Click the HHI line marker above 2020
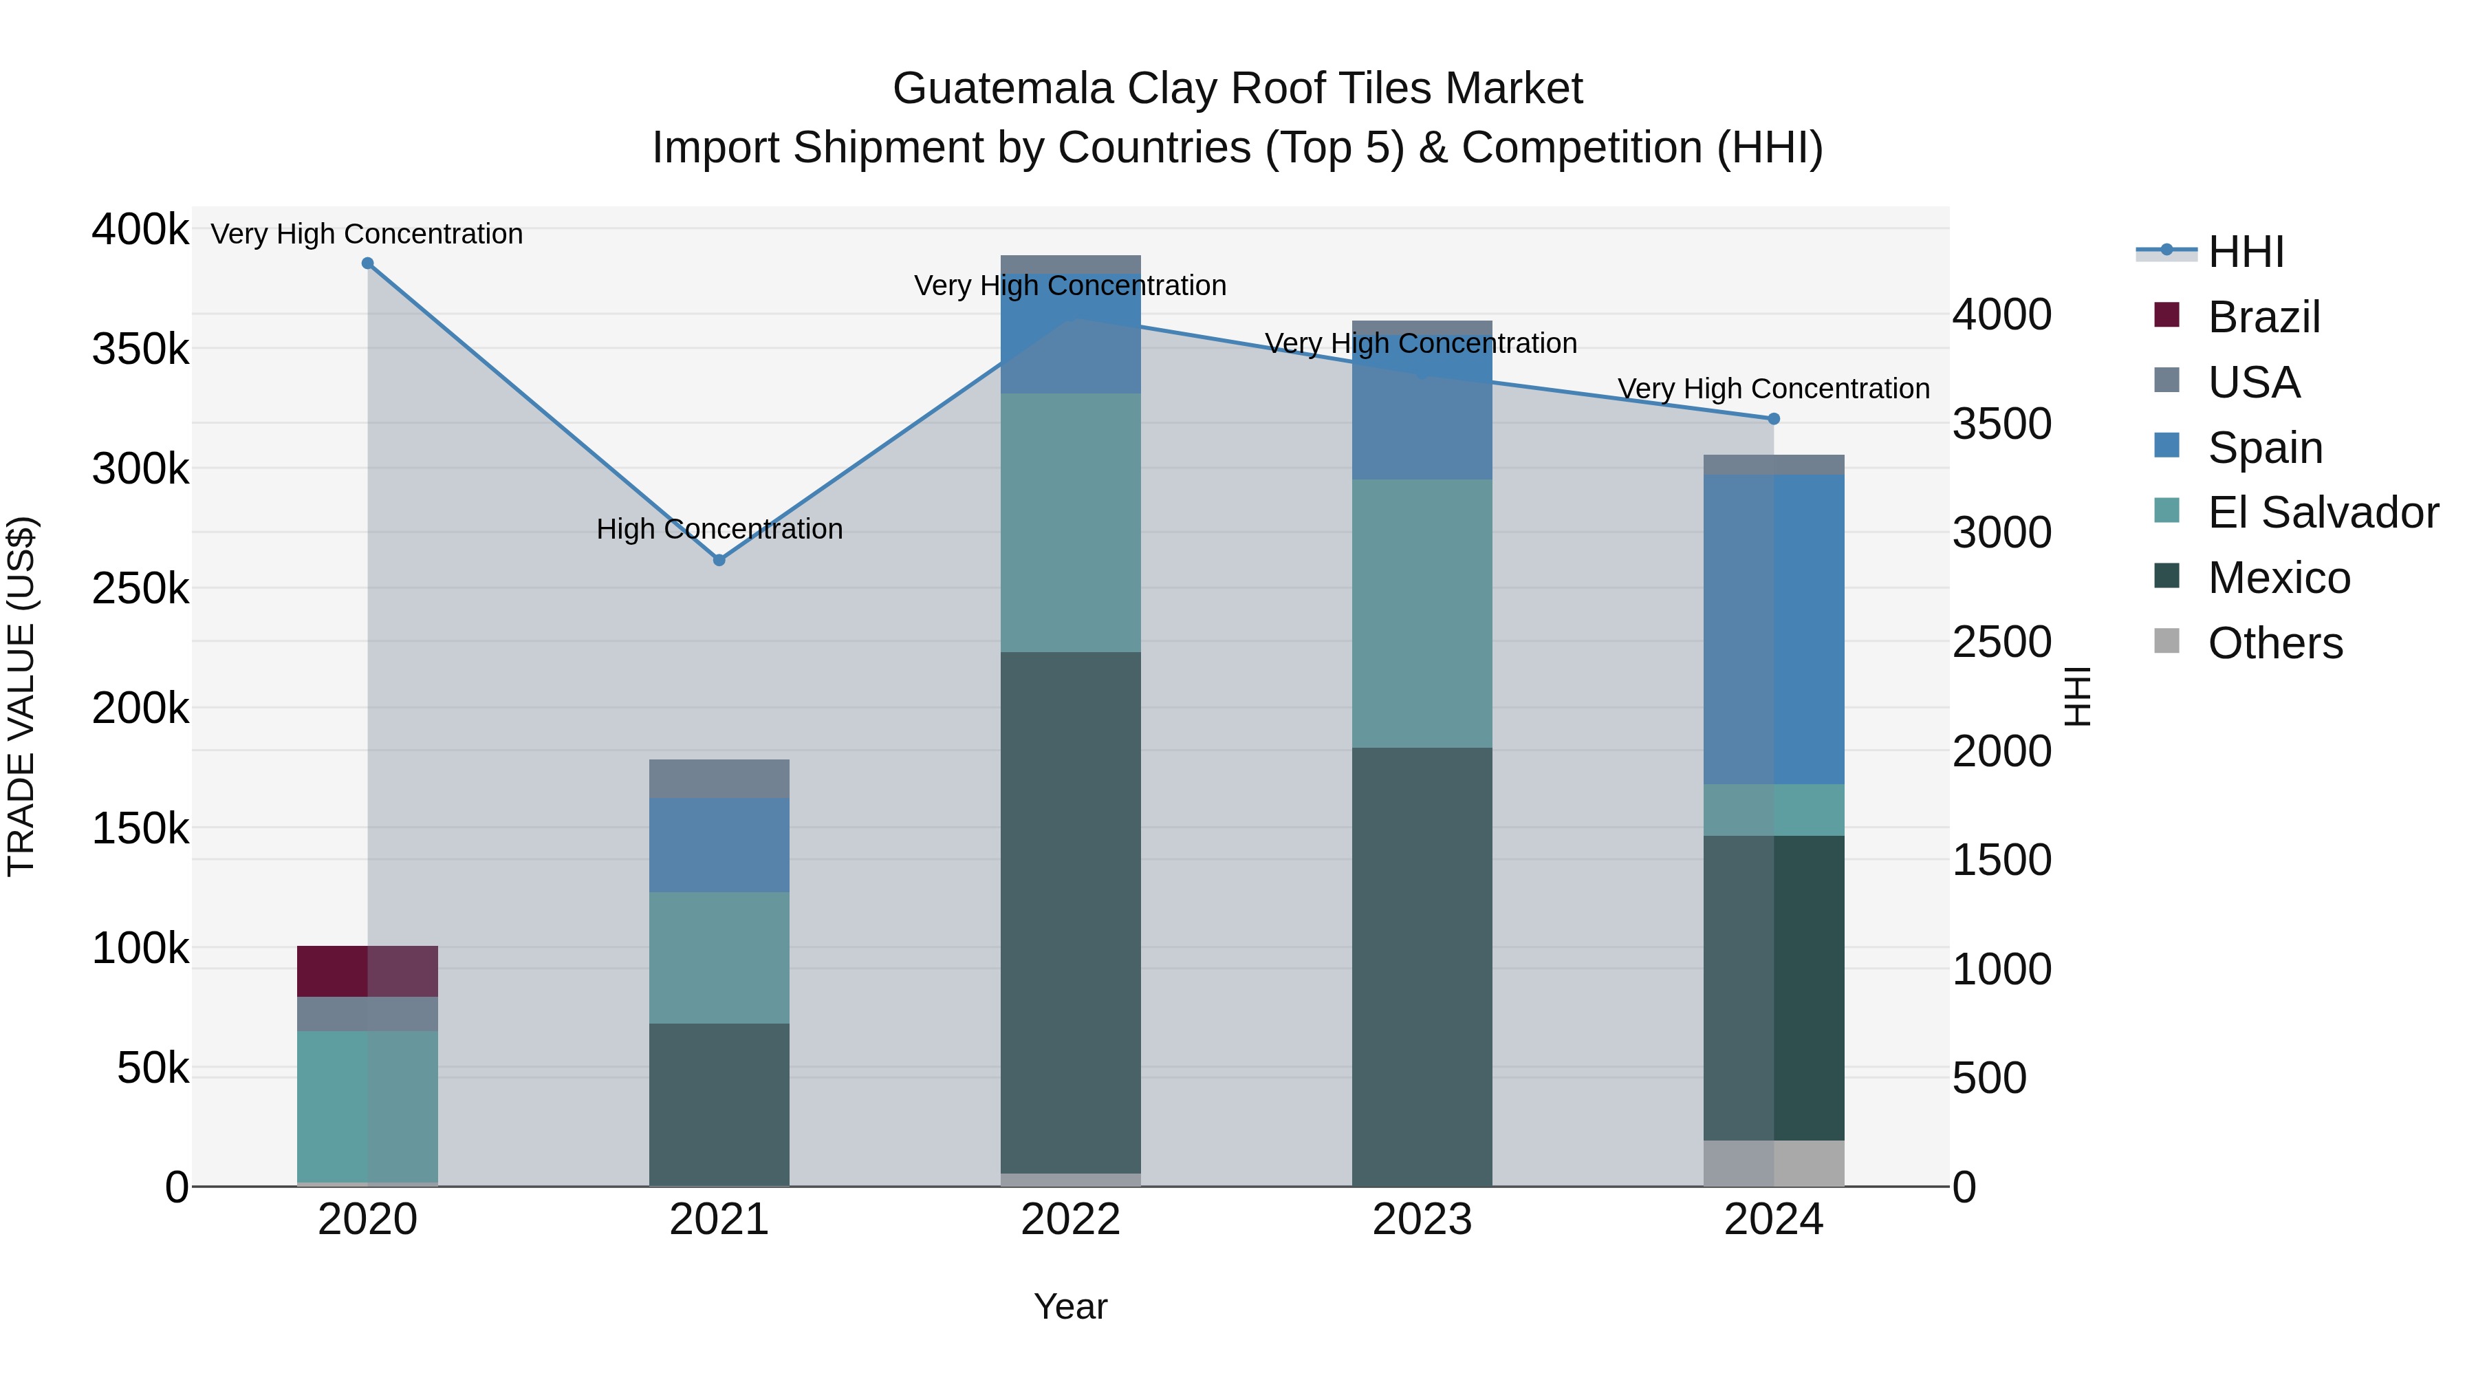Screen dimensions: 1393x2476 tap(367, 263)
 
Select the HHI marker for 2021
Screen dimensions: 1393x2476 tap(719, 559)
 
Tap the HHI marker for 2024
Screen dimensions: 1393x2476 tap(1773, 419)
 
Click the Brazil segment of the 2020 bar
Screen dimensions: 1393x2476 tap(367, 971)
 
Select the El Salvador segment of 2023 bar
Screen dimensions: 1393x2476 tap(1422, 614)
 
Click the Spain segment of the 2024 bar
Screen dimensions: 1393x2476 tap(1773, 629)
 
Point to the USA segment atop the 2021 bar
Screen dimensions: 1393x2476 tap(719, 779)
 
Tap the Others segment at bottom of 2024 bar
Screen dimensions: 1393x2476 tap(1773, 1163)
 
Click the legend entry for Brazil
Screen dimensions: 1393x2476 tap(2263, 317)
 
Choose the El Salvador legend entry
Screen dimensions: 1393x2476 tap(2321, 512)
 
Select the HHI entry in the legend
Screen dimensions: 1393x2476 tap(2246, 252)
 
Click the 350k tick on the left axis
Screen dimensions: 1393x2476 tap(140, 349)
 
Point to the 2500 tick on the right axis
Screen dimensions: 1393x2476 tap(2001, 642)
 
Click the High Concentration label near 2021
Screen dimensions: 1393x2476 tap(719, 529)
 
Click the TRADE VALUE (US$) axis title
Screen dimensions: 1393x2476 tap(21, 696)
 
